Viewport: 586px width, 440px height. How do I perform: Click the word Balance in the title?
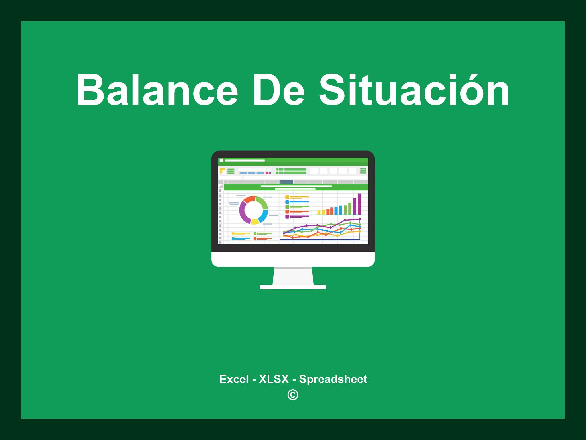157,90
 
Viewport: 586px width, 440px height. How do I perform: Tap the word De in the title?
279,90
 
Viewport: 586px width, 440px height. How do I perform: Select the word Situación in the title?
414,89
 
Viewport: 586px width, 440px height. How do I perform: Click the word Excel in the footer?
234,379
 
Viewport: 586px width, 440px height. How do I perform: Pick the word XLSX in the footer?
274,379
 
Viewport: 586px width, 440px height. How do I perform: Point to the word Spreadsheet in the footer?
333,379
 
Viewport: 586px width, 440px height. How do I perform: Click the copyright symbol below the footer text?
293,395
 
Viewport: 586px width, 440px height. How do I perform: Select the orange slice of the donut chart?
249,199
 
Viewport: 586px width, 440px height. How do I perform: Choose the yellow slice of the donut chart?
255,222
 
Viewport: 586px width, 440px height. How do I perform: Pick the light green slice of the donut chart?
263,202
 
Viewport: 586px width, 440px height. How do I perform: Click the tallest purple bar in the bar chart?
359,204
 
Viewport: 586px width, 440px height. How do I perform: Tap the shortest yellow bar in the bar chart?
319,213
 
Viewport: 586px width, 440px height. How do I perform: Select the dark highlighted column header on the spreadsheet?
286,182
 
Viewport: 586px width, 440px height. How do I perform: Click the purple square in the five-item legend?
287,217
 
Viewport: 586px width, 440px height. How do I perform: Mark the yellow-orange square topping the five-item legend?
287,197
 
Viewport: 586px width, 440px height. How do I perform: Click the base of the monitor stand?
293,287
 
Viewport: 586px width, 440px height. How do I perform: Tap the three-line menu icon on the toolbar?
363,171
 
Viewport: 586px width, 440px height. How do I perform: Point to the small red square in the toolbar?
267,173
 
